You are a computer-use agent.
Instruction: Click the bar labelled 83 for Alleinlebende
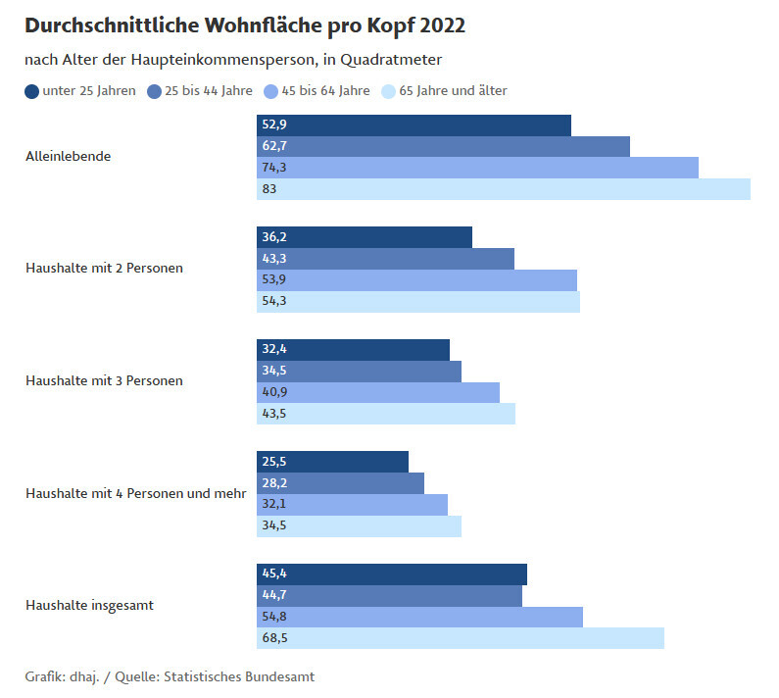tap(504, 189)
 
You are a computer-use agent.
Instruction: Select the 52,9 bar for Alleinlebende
tap(414, 125)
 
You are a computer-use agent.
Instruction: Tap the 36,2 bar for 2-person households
tap(365, 237)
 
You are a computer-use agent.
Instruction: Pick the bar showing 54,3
tap(418, 302)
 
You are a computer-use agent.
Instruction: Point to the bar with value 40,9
tap(378, 392)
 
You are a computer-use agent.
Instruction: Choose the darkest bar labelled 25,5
tap(332, 462)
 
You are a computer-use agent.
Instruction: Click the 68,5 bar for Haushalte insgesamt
tap(461, 638)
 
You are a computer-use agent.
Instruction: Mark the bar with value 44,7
tap(389, 596)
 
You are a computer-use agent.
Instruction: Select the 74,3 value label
tap(274, 168)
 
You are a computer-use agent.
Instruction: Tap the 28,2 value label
tap(274, 483)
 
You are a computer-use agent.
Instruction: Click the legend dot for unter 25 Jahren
tap(32, 92)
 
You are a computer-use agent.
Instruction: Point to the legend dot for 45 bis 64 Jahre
tap(271, 92)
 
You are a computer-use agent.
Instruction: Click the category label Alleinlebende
tap(68, 156)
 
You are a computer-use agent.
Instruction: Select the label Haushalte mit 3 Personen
tap(104, 380)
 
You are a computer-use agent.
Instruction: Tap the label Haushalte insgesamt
tap(89, 605)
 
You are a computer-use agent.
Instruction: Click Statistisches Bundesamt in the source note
tap(239, 677)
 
